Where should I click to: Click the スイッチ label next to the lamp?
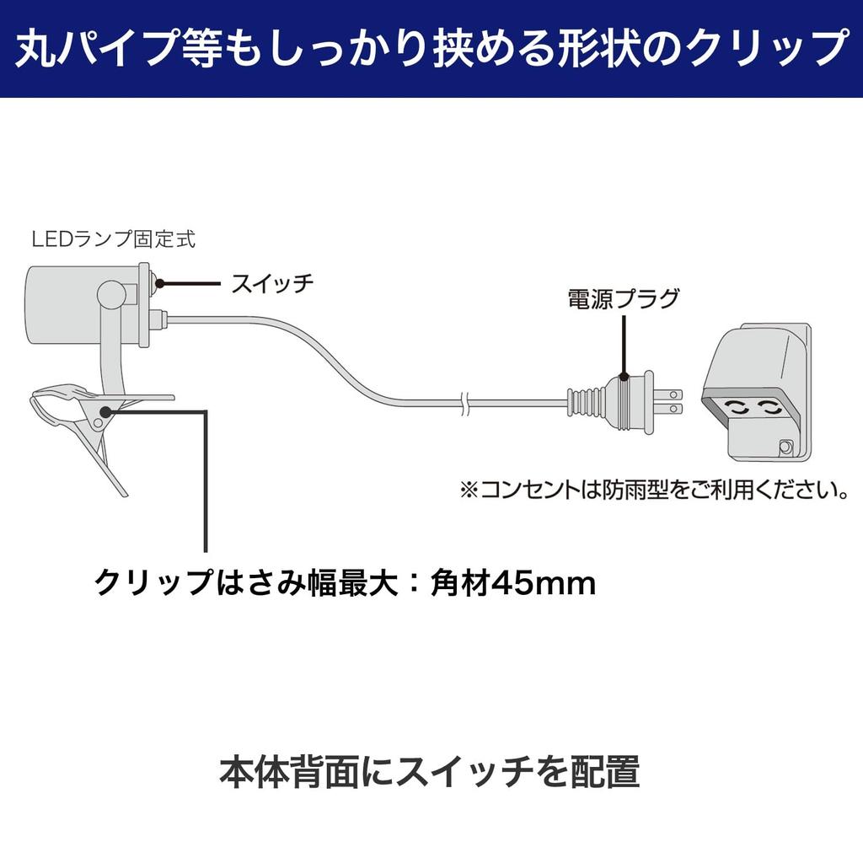coord(272,283)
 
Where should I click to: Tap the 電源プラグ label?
coord(624,298)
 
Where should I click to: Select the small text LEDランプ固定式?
coord(114,239)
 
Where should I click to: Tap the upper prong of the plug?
coord(668,394)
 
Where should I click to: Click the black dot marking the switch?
coord(160,283)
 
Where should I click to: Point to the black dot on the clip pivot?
coord(105,411)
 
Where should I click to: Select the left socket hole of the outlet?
coord(739,408)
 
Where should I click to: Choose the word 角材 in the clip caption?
coord(460,582)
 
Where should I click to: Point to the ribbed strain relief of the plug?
coord(587,402)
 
